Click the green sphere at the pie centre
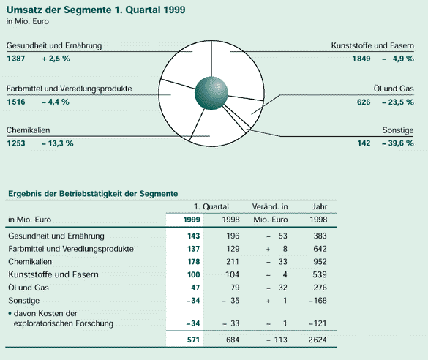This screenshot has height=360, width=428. [x=211, y=94]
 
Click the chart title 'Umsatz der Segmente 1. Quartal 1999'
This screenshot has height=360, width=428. [x=96, y=10]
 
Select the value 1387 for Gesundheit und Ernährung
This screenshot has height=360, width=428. [x=16, y=59]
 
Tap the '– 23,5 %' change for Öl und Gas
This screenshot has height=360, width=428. [x=398, y=102]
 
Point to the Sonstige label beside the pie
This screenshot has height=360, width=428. [x=398, y=130]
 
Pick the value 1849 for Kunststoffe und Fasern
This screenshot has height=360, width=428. [x=361, y=59]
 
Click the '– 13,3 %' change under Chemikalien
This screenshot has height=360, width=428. [x=58, y=143]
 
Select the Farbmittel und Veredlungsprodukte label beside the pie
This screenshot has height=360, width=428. [x=69, y=89]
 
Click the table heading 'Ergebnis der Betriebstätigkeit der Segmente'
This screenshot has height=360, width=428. [x=93, y=194]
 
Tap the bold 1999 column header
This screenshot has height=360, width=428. [x=192, y=220]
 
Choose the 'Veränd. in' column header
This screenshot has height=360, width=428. [x=270, y=206]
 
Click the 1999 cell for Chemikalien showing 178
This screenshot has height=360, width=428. [x=194, y=262]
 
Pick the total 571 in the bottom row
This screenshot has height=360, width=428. [x=194, y=340]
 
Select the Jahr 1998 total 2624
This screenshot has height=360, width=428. [x=318, y=340]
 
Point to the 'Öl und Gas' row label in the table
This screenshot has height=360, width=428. [x=29, y=288]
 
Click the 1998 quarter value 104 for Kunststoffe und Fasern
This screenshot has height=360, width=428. [x=233, y=274]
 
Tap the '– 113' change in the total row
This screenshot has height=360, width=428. [x=277, y=340]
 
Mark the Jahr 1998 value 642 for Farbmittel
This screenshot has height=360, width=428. [x=320, y=249]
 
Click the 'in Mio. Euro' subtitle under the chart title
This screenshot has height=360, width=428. [x=28, y=21]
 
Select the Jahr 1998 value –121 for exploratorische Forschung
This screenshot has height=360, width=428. [x=318, y=323]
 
